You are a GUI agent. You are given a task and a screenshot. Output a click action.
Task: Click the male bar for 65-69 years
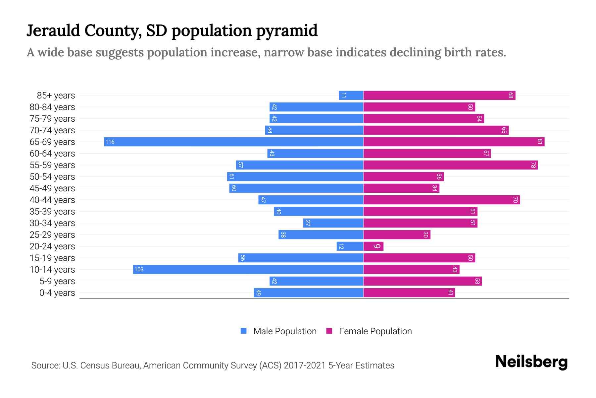pyautogui.click(x=233, y=142)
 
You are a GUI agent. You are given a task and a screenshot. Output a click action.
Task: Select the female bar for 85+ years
pyautogui.click(x=439, y=96)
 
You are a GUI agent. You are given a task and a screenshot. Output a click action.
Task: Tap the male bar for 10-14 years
pyautogui.click(x=248, y=270)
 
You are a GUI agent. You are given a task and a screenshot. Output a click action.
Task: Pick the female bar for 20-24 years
pyautogui.click(x=373, y=246)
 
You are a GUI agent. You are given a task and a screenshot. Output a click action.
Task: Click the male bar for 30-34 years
pyautogui.click(x=333, y=223)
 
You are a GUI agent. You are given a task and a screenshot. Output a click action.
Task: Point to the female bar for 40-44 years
pyautogui.click(x=441, y=200)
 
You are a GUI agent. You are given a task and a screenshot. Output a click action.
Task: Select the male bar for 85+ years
pyautogui.click(x=351, y=96)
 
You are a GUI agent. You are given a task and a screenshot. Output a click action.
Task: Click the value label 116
pyautogui.click(x=110, y=142)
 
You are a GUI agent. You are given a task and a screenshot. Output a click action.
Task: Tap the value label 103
pyautogui.click(x=139, y=270)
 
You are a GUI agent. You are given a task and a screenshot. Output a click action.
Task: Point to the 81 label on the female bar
pyautogui.click(x=540, y=142)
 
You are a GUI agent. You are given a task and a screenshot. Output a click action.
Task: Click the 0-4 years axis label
pyautogui.click(x=57, y=293)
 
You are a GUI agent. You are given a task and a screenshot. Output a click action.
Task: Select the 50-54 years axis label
pyautogui.click(x=52, y=177)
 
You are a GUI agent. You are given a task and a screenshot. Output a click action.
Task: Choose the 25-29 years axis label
pyautogui.click(x=52, y=235)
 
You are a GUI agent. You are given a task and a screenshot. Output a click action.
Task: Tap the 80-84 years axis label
pyautogui.click(x=52, y=107)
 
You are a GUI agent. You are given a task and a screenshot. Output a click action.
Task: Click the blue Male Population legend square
pyautogui.click(x=244, y=331)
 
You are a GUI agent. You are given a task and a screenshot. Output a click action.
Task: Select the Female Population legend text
pyautogui.click(x=375, y=331)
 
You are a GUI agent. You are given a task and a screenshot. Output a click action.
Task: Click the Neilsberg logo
pyautogui.click(x=531, y=362)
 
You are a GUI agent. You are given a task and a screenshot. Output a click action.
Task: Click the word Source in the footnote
pyautogui.click(x=45, y=365)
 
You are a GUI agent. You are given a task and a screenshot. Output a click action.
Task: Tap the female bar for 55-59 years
pyautogui.click(x=450, y=165)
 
